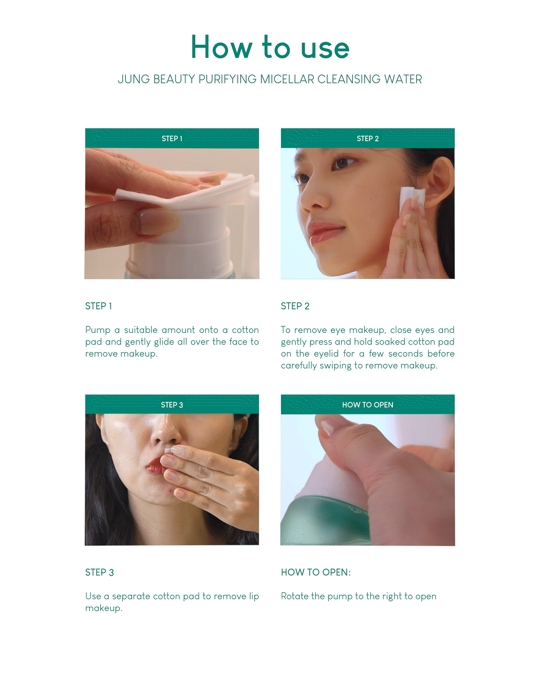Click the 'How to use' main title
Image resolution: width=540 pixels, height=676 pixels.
coord(270,47)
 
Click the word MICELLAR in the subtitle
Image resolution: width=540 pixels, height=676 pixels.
coord(287,79)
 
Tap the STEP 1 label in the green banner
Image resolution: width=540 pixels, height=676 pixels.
coord(172,138)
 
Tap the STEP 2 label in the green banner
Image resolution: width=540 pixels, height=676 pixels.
coord(368,138)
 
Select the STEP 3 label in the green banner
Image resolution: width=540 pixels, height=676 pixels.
coord(172,405)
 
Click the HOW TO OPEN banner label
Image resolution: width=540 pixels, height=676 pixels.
coord(368,405)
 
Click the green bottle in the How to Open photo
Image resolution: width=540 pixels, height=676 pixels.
coord(324,520)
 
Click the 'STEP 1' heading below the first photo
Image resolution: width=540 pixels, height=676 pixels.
coord(98,306)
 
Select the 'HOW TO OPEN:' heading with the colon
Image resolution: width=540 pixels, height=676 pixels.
coord(316,572)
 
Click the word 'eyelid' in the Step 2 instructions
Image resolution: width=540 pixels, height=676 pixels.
coord(326,354)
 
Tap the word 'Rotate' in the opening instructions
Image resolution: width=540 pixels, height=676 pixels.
coord(295,596)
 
